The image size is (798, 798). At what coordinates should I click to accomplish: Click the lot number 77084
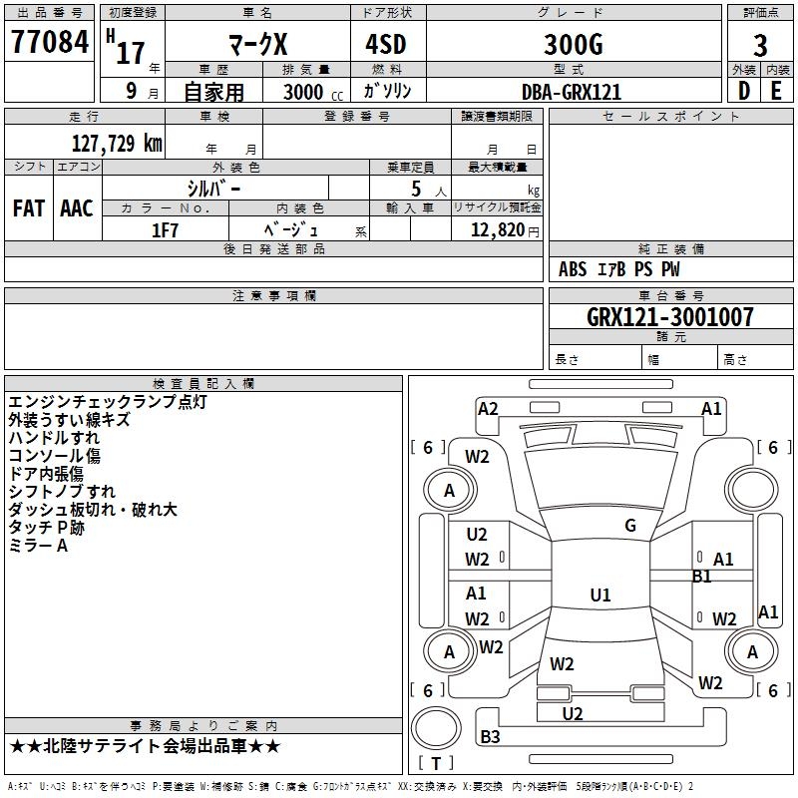click(50, 42)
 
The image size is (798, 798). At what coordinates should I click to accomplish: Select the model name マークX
click(255, 45)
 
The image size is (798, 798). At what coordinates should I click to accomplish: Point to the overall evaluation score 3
click(760, 46)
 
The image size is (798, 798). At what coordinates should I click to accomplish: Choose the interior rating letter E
click(776, 90)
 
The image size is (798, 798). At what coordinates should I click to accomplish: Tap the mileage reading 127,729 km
click(117, 143)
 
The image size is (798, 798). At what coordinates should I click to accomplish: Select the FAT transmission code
click(29, 208)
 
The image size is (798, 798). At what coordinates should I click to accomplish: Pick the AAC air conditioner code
click(77, 208)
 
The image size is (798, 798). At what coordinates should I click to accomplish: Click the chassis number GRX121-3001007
click(670, 317)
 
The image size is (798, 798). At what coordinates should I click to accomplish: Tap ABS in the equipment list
click(573, 269)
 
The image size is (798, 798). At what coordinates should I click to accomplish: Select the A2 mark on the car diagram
click(488, 407)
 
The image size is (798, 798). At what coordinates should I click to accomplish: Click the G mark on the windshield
click(630, 526)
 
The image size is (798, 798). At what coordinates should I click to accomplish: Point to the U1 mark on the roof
click(599, 596)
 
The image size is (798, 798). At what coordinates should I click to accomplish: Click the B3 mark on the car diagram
click(490, 737)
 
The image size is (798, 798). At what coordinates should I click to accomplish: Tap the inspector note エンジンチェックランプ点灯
click(107, 402)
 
